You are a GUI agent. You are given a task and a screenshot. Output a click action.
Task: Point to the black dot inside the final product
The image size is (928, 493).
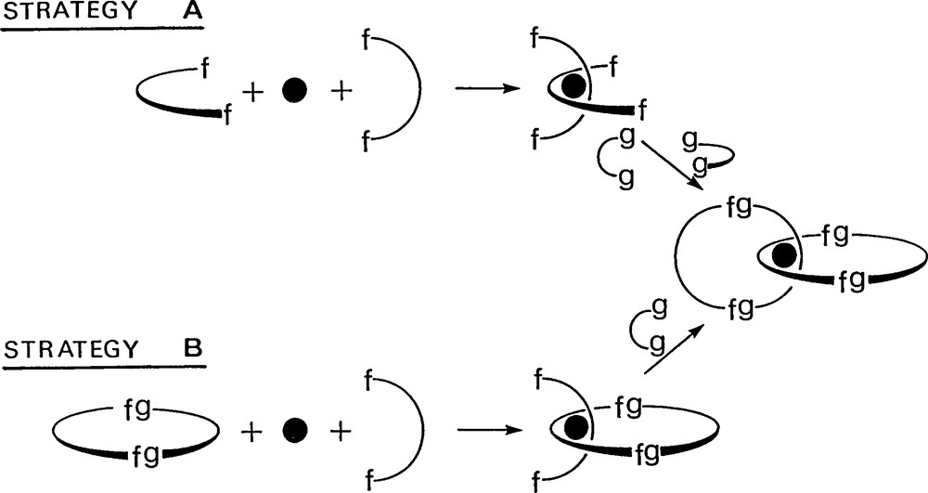785,255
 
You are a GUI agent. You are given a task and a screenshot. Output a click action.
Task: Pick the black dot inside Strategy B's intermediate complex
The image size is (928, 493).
577,426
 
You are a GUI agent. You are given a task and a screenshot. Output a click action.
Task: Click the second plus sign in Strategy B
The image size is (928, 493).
341,430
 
